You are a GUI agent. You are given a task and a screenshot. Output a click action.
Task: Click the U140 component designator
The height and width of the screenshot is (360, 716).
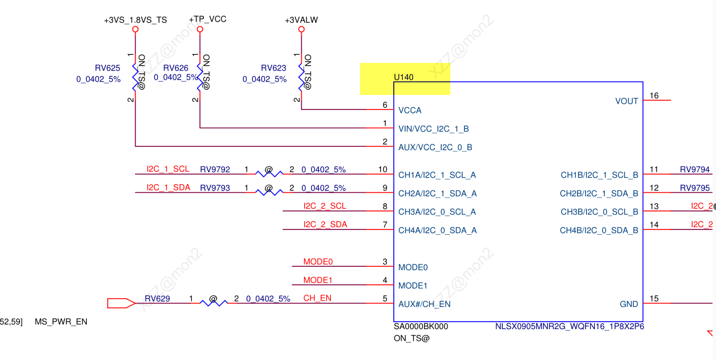404,77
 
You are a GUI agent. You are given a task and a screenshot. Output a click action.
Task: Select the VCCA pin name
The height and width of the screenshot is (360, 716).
410,110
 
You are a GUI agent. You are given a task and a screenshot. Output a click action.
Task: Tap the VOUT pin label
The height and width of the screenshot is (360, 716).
626,101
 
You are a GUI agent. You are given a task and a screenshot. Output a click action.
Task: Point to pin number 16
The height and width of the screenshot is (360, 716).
654,96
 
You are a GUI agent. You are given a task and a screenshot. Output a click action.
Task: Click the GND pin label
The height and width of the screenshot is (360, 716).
629,304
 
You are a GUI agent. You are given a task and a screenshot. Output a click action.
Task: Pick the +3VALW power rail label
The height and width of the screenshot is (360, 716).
301,20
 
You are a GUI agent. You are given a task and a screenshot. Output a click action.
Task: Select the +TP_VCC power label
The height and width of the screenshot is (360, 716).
207,19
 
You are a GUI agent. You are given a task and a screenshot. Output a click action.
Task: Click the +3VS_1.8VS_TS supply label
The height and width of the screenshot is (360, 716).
135,20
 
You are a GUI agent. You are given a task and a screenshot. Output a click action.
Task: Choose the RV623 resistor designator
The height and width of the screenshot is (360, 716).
273,68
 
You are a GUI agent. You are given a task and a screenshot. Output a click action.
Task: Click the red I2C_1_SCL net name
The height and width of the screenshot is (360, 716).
168,169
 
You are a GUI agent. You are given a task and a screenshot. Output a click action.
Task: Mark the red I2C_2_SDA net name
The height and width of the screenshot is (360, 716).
325,224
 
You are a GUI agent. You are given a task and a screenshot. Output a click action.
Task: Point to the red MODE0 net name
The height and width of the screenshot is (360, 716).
318,262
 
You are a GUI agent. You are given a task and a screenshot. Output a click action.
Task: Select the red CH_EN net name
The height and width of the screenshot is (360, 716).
317,298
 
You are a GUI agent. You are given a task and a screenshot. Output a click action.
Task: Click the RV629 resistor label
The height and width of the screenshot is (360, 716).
157,299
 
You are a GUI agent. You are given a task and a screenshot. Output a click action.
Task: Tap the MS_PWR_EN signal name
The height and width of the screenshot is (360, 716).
61,322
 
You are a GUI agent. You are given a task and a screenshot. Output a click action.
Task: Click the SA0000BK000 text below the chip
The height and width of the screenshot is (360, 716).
421,326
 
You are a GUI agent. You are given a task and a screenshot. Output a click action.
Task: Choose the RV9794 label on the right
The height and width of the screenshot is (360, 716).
694,170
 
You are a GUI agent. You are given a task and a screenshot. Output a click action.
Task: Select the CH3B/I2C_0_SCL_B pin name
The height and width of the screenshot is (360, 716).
599,212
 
